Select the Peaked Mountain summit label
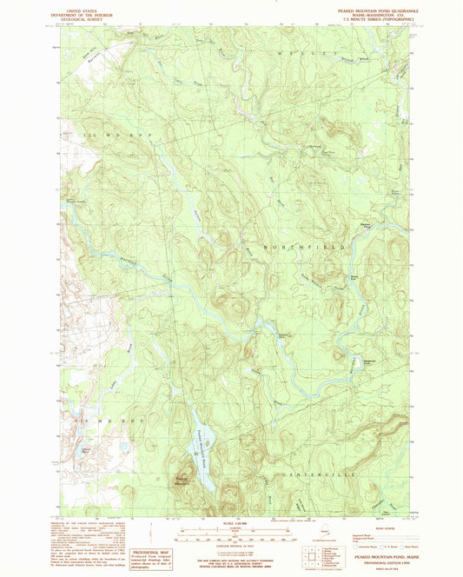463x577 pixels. coord(181,481)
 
